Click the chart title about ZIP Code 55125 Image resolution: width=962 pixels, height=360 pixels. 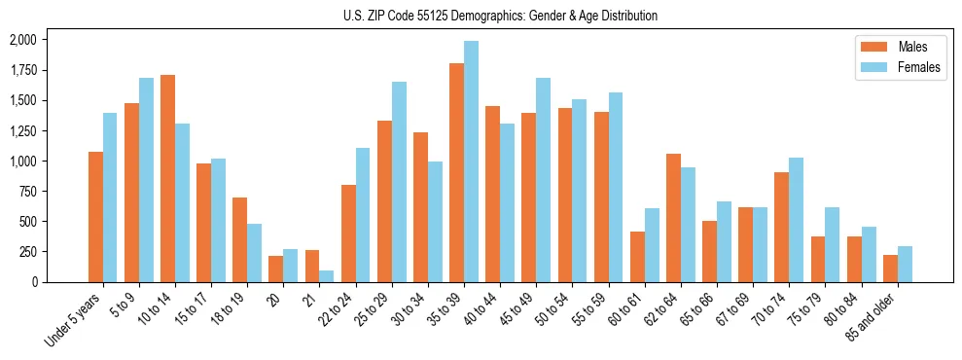500,16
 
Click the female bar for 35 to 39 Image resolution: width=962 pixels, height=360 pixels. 471,162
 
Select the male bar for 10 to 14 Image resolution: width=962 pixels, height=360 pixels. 167,178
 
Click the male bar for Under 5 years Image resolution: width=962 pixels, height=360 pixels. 95,217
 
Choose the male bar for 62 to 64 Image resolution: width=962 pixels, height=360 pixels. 673,218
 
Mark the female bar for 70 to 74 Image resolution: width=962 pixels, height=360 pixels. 796,220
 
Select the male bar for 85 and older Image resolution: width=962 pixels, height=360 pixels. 890,269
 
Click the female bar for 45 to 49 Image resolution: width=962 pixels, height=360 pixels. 543,180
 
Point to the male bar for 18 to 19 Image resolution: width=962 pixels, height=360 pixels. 239,239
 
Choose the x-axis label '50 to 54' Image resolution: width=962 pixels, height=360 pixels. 561,310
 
